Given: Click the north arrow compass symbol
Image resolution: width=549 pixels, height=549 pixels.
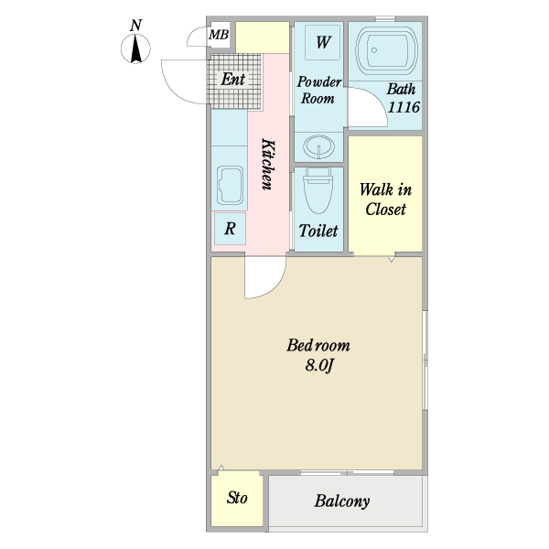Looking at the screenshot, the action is [135, 48].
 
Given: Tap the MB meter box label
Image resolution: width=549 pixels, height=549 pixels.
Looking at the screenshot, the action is [219, 35].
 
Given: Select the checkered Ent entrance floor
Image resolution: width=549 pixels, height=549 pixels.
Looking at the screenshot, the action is [234, 81].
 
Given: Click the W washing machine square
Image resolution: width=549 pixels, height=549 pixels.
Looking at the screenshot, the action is [323, 42].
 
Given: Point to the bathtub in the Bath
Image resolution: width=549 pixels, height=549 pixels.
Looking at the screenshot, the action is [386, 52].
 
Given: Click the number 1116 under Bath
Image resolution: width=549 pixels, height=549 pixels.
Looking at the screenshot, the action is [404, 107].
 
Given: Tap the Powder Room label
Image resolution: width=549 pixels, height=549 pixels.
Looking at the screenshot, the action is [318, 90].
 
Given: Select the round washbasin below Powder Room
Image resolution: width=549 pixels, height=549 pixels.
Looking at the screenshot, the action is [318, 146].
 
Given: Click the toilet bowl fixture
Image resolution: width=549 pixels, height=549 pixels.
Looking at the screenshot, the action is [318, 190].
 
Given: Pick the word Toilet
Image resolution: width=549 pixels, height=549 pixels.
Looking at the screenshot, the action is [318, 231].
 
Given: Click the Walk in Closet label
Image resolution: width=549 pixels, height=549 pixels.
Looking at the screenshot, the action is [385, 199].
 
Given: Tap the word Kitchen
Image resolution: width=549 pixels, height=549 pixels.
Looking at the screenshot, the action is [268, 164].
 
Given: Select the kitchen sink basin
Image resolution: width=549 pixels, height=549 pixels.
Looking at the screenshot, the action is [230, 185].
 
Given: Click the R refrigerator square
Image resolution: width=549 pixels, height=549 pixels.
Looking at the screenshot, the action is [230, 229].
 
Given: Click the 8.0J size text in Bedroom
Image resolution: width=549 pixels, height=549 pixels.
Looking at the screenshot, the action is [318, 365].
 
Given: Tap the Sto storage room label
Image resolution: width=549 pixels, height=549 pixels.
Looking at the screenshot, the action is [237, 498].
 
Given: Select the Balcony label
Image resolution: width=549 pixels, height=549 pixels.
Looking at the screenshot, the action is [341, 501].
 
